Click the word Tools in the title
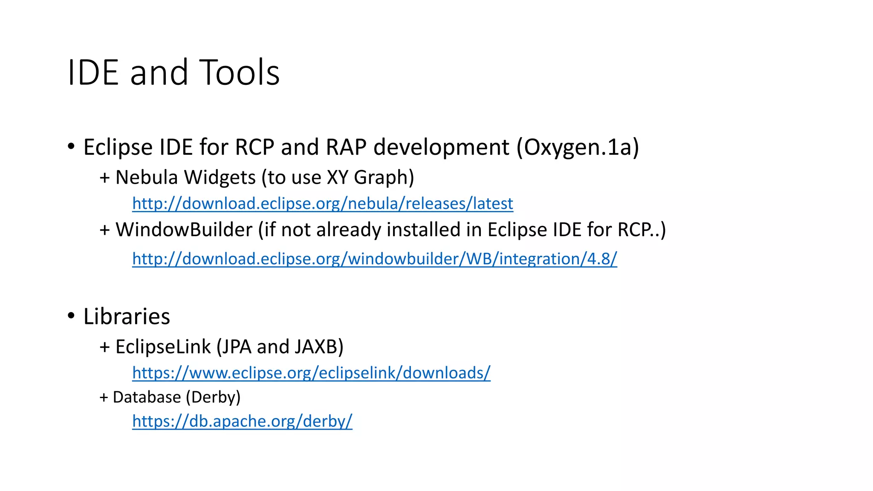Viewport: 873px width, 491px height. pyautogui.click(x=239, y=72)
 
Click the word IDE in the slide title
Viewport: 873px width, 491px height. pyautogui.click(x=93, y=72)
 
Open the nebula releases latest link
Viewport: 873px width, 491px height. pyautogui.click(x=322, y=204)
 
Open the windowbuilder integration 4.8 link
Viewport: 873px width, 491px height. pyautogui.click(x=374, y=259)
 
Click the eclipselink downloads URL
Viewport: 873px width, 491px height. pyautogui.click(x=311, y=373)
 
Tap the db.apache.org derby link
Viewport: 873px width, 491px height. pyautogui.click(x=242, y=421)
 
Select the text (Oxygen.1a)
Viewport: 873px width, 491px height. pyautogui.click(x=578, y=147)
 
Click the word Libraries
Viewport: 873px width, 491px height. pyautogui.click(x=127, y=317)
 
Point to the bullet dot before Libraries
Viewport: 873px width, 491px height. pyautogui.click(x=71, y=316)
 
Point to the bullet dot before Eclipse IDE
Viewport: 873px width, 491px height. pyautogui.click(x=71, y=146)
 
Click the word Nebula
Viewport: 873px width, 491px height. pyautogui.click(x=146, y=177)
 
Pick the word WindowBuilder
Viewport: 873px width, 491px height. pyautogui.click(x=184, y=230)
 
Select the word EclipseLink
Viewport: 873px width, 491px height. pyautogui.click(x=163, y=347)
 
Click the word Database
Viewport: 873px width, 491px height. pyautogui.click(x=147, y=397)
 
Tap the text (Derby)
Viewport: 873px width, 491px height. pyautogui.click(x=213, y=397)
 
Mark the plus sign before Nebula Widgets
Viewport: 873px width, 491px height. pyautogui.click(x=104, y=178)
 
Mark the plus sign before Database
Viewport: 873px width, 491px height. pyautogui.click(x=104, y=398)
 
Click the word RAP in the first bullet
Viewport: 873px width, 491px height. pyautogui.click(x=346, y=147)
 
